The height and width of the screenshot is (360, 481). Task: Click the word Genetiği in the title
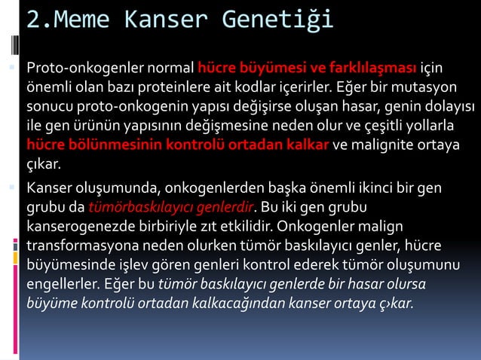coord(278,20)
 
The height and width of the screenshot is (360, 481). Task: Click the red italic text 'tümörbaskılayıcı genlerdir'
coord(173,206)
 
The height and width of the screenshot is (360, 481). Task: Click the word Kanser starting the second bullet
coord(49,186)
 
